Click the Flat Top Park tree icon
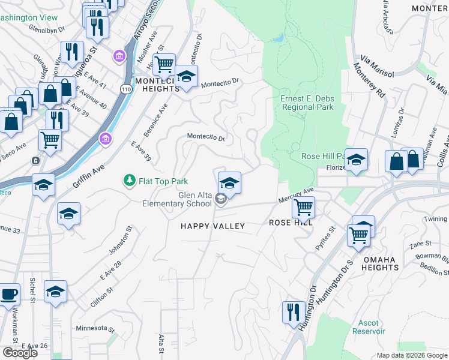tap(128, 180)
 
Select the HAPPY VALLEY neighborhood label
tap(213, 226)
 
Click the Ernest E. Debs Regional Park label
tap(307, 103)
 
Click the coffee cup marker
tap(9, 296)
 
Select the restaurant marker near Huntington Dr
tap(293, 313)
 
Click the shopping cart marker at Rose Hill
tap(303, 208)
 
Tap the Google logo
tap(20, 353)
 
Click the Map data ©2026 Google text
tap(412, 355)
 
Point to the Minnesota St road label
tap(95, 329)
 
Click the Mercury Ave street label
tap(296, 195)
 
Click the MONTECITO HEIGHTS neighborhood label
tap(157, 85)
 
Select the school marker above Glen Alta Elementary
tap(229, 183)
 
